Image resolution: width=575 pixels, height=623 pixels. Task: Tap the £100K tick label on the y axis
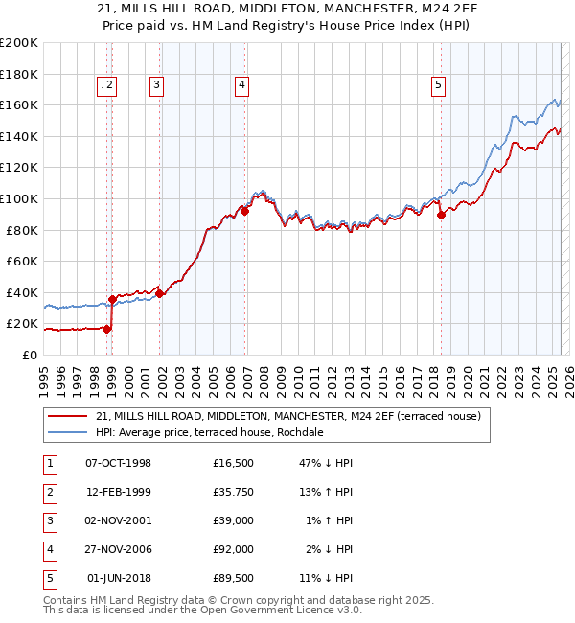(x=19, y=198)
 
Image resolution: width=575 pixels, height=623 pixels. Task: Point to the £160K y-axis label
(x=19, y=104)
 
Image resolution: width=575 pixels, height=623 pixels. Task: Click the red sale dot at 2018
(x=441, y=216)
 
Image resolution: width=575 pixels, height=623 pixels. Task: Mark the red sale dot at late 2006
(x=245, y=212)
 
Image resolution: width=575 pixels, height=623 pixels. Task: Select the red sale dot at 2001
(x=160, y=294)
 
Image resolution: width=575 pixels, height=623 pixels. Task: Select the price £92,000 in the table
(x=234, y=550)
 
